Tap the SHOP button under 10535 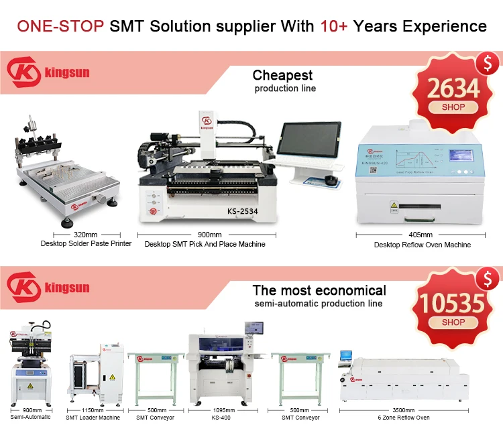point(454,322)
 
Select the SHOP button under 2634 point(454,107)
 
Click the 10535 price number point(454,304)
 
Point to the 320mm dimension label point(85,235)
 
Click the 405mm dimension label point(421,235)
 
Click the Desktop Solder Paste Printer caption point(85,244)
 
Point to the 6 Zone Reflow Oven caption point(404,418)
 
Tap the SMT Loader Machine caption point(93,418)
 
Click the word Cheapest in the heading point(282,75)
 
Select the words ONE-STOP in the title point(60,26)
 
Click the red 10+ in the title point(334,26)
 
